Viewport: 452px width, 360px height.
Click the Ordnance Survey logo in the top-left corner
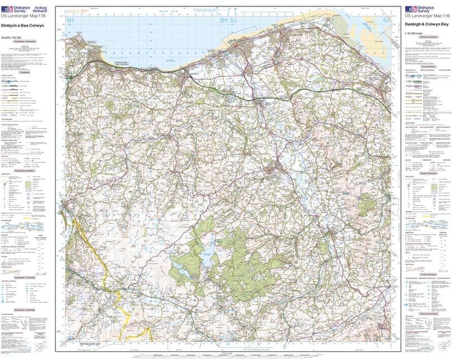13,10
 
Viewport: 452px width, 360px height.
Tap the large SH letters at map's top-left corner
71,20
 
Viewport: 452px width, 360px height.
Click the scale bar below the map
226,354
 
